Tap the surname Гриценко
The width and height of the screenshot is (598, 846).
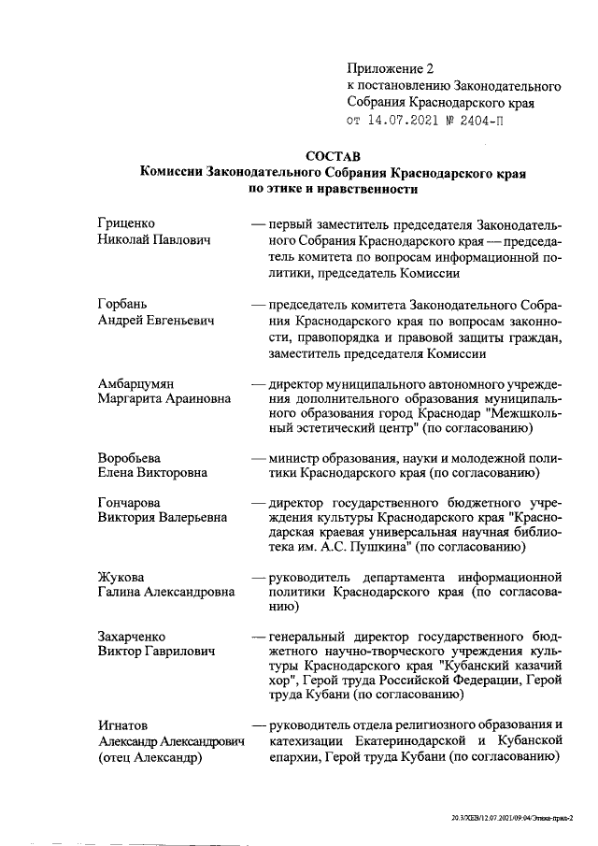(x=126, y=223)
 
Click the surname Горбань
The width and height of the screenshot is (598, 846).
(x=123, y=305)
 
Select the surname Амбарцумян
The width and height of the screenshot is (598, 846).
(x=138, y=384)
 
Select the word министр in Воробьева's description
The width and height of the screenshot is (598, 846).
(x=296, y=457)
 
